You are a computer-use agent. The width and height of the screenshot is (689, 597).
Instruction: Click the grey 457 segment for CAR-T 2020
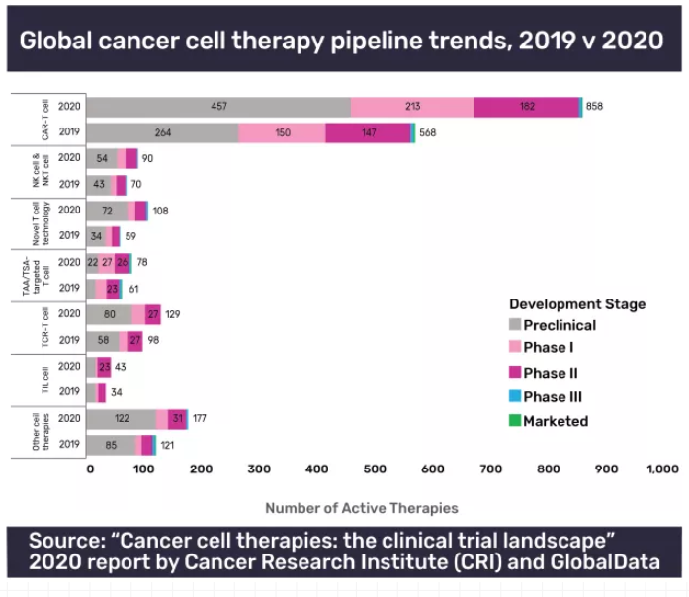(219, 107)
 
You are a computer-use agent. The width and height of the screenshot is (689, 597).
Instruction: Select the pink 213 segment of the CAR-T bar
(412, 107)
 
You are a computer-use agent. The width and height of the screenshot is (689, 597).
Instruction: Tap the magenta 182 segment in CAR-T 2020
(526, 107)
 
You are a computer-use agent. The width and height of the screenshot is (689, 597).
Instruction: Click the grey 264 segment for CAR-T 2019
(163, 132)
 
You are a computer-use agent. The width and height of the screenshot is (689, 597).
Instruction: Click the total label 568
(427, 132)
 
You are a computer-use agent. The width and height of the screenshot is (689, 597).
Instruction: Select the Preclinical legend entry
(559, 325)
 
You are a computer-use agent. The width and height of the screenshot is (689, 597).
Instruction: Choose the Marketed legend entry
(555, 421)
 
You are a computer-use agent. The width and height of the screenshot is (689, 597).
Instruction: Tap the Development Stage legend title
(576, 303)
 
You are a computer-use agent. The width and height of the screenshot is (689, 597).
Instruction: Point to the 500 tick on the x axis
(374, 469)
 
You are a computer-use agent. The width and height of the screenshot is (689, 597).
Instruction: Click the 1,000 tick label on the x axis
(661, 469)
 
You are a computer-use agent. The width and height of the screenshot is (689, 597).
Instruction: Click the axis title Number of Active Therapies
(361, 508)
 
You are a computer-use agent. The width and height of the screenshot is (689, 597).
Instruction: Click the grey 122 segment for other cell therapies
(123, 418)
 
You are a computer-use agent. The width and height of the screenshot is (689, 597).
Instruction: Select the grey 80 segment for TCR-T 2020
(111, 313)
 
